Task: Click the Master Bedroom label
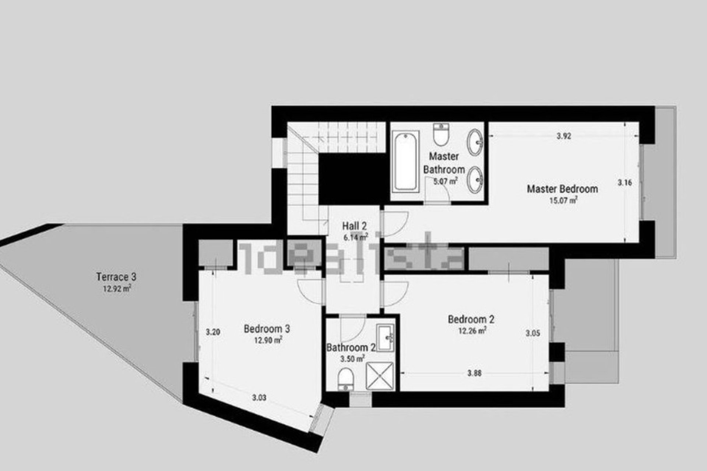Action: [562, 189]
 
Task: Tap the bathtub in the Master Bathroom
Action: [405, 162]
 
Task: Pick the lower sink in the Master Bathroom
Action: [476, 180]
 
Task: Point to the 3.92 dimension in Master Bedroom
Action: [564, 136]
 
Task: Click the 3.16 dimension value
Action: [625, 182]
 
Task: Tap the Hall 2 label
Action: [354, 226]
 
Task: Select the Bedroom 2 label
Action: [471, 319]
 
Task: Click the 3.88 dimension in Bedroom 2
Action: [474, 373]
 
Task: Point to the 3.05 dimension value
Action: [533, 333]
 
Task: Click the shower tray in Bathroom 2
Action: [380, 376]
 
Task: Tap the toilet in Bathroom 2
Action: [346, 379]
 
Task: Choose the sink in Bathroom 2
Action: [386, 337]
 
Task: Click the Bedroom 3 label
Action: [267, 329]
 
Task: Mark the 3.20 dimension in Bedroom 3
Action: [213, 332]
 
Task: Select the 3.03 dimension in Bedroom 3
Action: [259, 398]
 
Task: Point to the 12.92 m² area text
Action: [116, 288]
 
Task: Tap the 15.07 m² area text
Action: [563, 201]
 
